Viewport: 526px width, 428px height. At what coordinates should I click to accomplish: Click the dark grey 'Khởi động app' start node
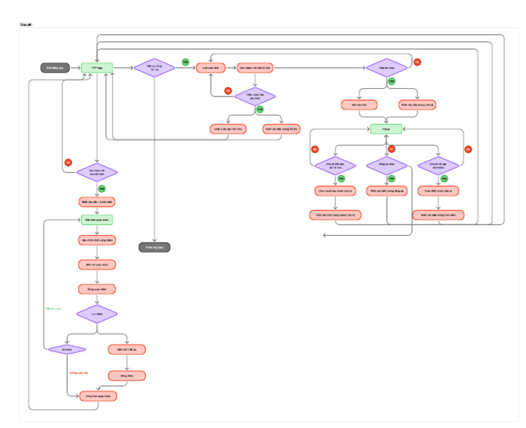coord(55,68)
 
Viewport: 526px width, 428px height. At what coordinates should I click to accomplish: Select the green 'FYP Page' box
coord(97,68)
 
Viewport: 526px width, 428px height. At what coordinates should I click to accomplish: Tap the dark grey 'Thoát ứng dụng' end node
coord(154,247)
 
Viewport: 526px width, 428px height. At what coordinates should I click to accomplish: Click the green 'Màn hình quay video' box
coord(97,220)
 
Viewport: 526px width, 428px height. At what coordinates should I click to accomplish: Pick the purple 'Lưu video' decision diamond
coord(97,314)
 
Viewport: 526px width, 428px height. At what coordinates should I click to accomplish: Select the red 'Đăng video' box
coord(127,375)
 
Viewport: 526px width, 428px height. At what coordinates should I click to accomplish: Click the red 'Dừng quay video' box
coord(97,289)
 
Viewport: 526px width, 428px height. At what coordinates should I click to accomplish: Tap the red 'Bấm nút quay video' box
coord(97,265)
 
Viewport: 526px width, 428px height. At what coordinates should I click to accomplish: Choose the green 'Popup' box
coord(386,129)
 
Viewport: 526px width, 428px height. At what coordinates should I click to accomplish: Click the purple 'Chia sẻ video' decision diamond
coord(386,68)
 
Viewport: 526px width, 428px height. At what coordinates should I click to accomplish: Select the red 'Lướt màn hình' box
coord(211,68)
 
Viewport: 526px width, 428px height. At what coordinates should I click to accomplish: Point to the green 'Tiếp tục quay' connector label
coord(53,309)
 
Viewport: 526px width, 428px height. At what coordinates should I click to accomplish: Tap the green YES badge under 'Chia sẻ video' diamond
coord(392,81)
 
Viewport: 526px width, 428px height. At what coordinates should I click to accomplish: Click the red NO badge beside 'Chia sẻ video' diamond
coord(417,62)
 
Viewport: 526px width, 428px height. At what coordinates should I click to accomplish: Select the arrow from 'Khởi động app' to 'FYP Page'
coord(75,68)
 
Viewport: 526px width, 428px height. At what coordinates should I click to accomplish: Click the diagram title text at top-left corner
coord(25,25)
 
